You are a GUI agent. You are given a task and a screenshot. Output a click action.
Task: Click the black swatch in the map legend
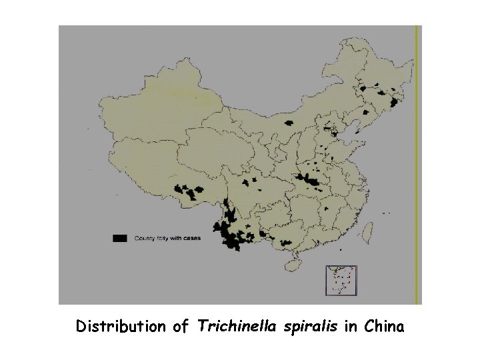(x=120, y=238)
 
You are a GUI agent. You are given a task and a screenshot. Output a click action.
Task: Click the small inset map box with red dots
(x=340, y=280)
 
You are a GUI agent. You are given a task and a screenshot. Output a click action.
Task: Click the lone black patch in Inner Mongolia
(x=288, y=123)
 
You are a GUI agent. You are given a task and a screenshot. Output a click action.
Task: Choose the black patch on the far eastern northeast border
(x=393, y=102)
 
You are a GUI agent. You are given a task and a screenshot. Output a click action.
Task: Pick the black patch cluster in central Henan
(x=309, y=180)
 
